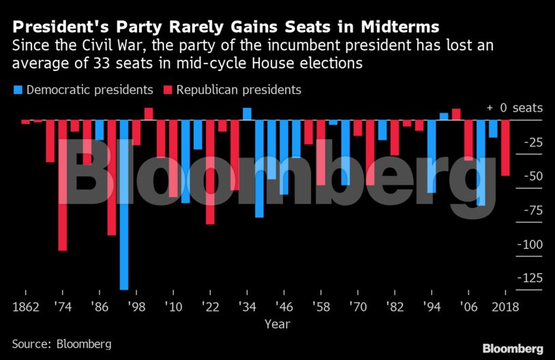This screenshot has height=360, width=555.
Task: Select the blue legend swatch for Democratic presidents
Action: pyautogui.click(x=18, y=90)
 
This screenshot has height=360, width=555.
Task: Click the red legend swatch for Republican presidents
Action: pyautogui.click(x=168, y=90)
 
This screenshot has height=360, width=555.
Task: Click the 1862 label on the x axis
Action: pyautogui.click(x=26, y=305)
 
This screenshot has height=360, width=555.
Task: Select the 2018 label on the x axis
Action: pyautogui.click(x=505, y=305)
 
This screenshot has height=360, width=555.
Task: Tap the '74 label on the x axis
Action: pyautogui.click(x=61, y=305)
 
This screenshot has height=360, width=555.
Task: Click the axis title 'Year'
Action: pyautogui.click(x=277, y=323)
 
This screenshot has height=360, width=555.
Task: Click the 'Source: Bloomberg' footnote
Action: pyautogui.click(x=61, y=344)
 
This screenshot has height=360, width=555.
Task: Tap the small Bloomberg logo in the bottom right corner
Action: pyautogui.click(x=513, y=348)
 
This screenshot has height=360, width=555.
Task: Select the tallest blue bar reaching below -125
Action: pyautogui.click(x=124, y=205)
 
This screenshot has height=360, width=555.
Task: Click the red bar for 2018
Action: pyautogui.click(x=505, y=148)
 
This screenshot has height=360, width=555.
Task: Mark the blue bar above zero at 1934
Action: pyautogui.click(x=247, y=114)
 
